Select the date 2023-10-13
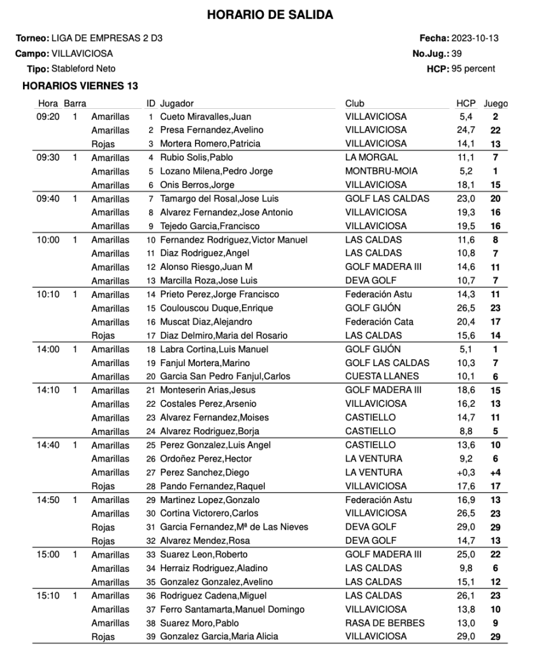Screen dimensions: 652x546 pyautogui.click(x=475, y=38)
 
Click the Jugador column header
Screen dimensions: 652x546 pyautogui.click(x=177, y=103)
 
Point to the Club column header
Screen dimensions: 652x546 pyautogui.click(x=355, y=103)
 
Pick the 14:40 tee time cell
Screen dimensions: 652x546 pyautogui.click(x=48, y=445)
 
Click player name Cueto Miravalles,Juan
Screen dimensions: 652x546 pyautogui.click(x=205, y=117)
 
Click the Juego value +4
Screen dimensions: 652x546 pyautogui.click(x=495, y=472)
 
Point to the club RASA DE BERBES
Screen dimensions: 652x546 pyautogui.click(x=384, y=623)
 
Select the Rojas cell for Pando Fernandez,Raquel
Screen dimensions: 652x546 pyautogui.click(x=103, y=486)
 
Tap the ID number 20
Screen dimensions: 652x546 pyautogui.click(x=151, y=376)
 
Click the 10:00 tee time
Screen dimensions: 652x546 pyautogui.click(x=48, y=240)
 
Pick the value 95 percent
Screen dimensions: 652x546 pyautogui.click(x=473, y=69)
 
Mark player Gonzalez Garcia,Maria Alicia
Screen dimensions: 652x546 pyautogui.click(x=219, y=636)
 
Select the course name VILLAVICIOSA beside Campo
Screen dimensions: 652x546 pyautogui.click(x=82, y=53)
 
